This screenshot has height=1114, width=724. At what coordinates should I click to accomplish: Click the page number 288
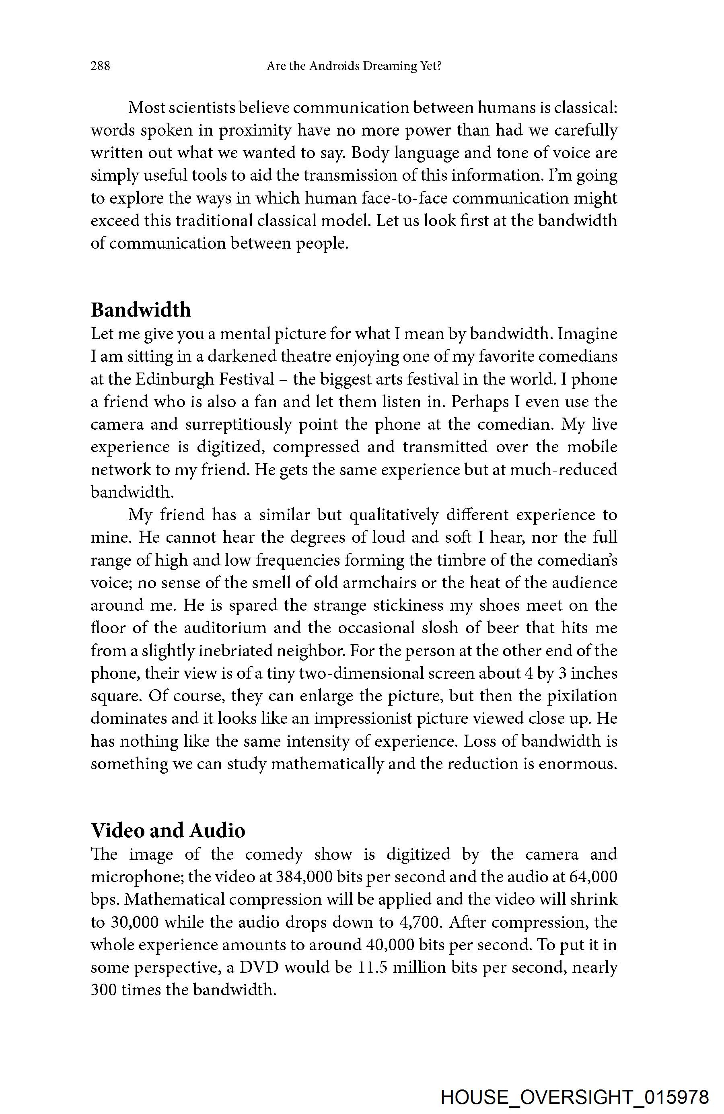point(100,66)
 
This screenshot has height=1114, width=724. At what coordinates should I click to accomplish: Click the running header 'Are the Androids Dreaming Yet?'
point(354,66)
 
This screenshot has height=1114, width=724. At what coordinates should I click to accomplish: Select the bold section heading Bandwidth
point(141,310)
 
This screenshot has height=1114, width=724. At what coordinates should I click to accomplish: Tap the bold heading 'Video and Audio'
point(168,830)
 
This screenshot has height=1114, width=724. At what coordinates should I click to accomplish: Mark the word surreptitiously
point(239,424)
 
